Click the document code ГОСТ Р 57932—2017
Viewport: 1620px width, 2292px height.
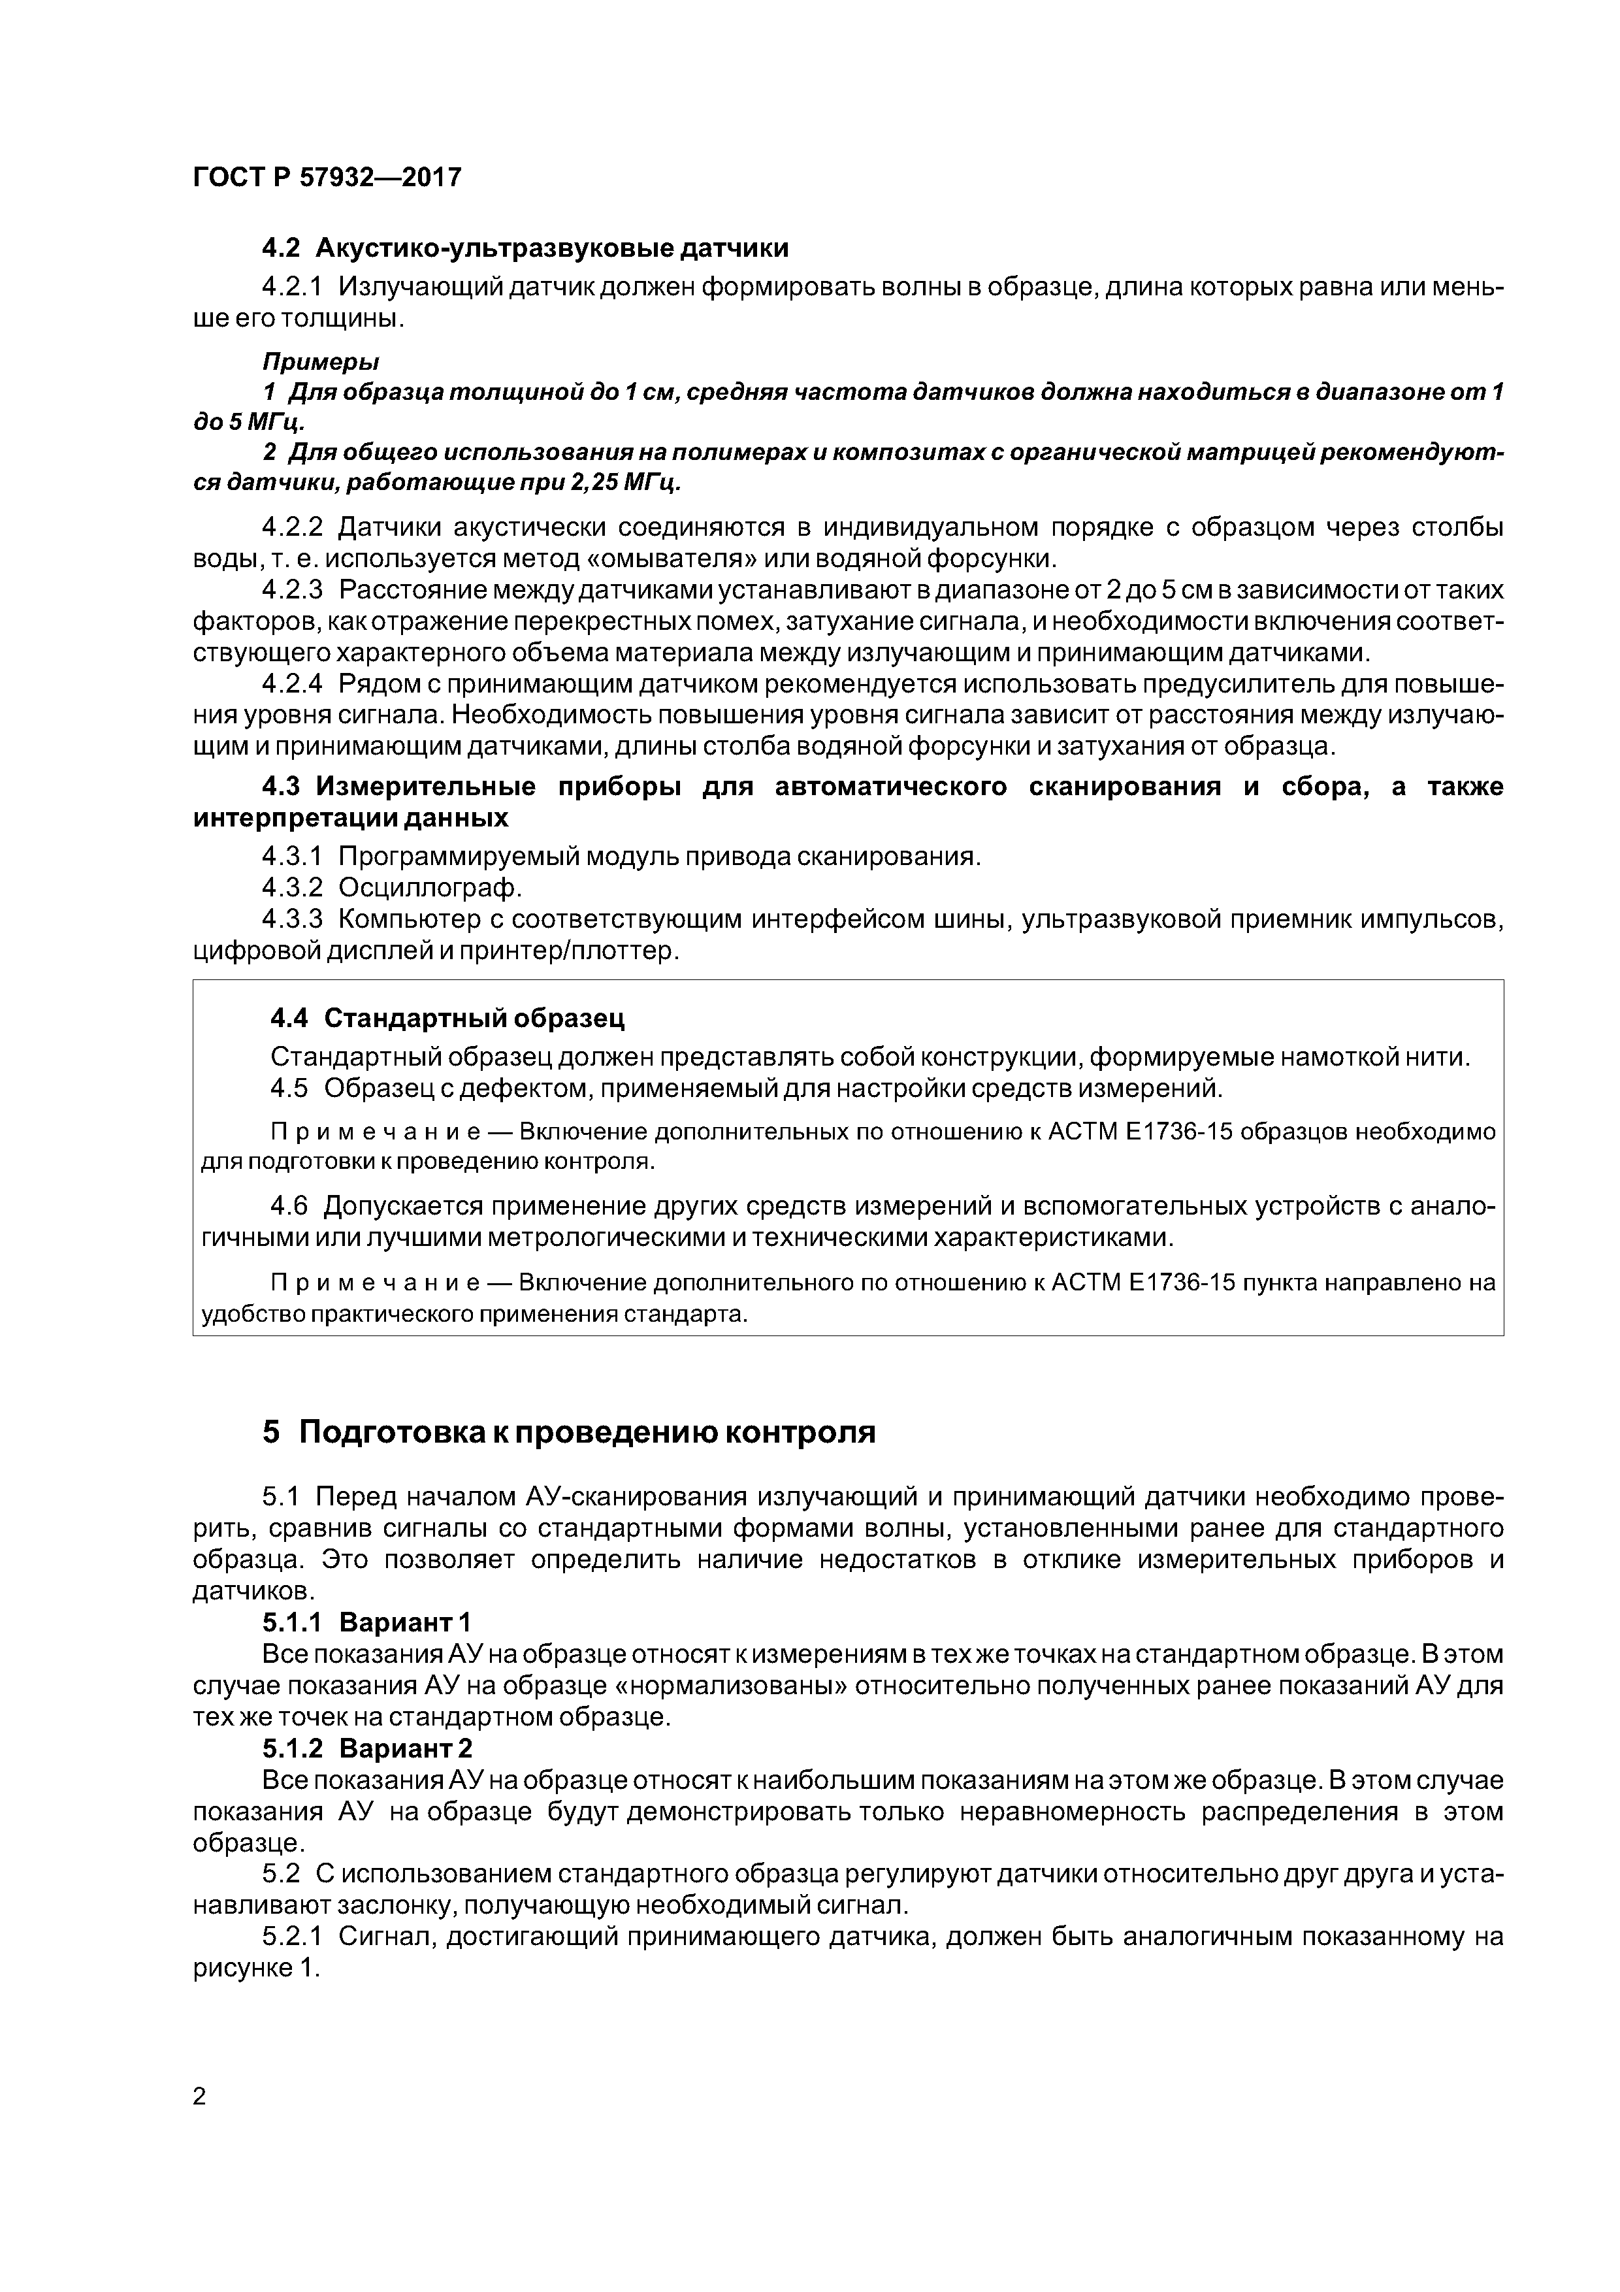click(x=327, y=178)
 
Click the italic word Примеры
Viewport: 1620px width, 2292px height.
click(x=320, y=361)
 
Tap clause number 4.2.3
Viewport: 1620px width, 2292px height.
click(x=293, y=590)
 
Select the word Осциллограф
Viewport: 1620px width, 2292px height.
click(x=430, y=887)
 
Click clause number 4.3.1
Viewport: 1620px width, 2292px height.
click(x=293, y=857)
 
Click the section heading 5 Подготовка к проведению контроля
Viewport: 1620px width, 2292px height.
click(x=569, y=1432)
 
